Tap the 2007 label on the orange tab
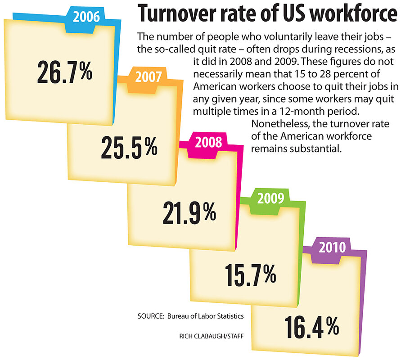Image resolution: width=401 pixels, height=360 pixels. click(148, 77)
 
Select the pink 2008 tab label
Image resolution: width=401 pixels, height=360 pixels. click(208, 142)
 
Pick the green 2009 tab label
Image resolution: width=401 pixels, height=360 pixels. click(270, 198)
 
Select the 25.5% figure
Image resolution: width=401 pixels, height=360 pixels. click(129, 147)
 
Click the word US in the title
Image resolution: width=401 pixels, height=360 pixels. click(292, 14)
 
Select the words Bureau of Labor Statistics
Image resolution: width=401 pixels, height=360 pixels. click(206, 316)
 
